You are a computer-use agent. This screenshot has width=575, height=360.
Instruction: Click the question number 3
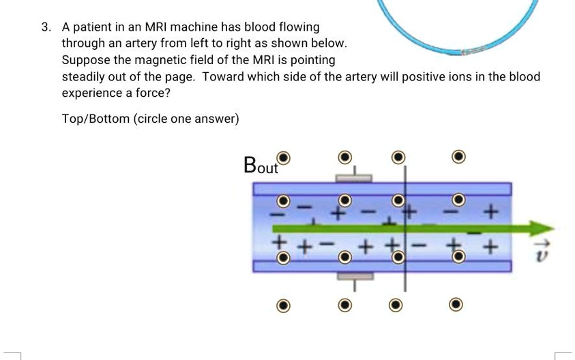[45, 27]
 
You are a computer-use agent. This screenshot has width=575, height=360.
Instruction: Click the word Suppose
[85, 60]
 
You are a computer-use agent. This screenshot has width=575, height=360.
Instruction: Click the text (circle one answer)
[186, 119]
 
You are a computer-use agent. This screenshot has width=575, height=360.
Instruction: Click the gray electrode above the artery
[353, 179]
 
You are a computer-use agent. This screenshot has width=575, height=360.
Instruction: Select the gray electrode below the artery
[353, 276]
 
